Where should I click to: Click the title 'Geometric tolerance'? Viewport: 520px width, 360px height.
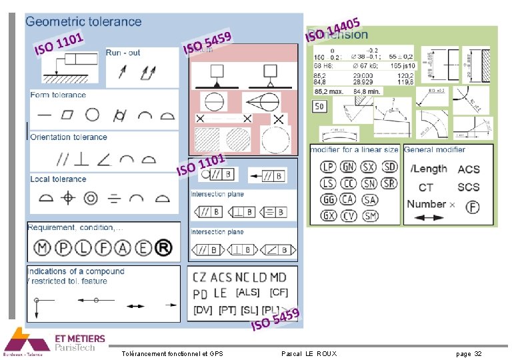tap(83, 21)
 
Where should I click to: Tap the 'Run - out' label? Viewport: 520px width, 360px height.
tap(123, 53)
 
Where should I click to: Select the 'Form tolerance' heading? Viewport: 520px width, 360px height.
tap(58, 95)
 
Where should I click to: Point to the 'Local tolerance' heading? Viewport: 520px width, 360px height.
tap(58, 179)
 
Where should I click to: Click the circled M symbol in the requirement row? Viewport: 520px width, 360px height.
tap(42, 248)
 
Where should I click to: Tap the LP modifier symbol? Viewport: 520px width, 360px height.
tap(328, 167)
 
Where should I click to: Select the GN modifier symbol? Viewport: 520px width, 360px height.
tap(349, 167)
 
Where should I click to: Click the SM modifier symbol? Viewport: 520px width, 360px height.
tap(370, 215)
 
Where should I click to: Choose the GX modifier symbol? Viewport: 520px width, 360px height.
tap(328, 215)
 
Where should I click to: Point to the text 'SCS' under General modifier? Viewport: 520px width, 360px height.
tap(469, 187)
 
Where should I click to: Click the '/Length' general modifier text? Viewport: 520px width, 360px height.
tap(429, 169)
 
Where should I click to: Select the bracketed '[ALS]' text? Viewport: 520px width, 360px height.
tap(247, 293)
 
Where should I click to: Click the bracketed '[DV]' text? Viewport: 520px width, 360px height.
tap(203, 310)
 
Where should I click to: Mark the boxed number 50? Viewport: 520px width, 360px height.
tap(319, 106)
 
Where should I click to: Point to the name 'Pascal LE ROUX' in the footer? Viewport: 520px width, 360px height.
tap(309, 353)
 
